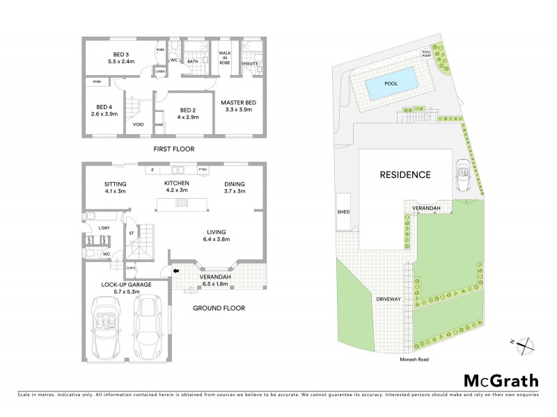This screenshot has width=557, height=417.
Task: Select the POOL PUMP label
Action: (x=426, y=54)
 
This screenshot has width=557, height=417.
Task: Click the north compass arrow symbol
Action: (x=524, y=343)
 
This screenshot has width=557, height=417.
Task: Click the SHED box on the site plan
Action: (x=343, y=211)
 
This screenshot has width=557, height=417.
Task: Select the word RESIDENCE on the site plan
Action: (x=405, y=174)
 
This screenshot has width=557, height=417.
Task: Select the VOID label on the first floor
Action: (x=138, y=124)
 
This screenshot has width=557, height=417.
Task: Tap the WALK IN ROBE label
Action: (x=224, y=57)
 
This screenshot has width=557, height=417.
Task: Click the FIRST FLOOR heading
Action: (x=173, y=149)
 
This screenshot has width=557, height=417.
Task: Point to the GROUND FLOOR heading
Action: (x=220, y=308)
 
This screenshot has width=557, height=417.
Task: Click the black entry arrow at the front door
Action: (x=176, y=271)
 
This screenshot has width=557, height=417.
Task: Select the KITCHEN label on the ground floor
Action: (x=176, y=183)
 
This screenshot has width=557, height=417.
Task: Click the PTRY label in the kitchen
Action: (x=203, y=170)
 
